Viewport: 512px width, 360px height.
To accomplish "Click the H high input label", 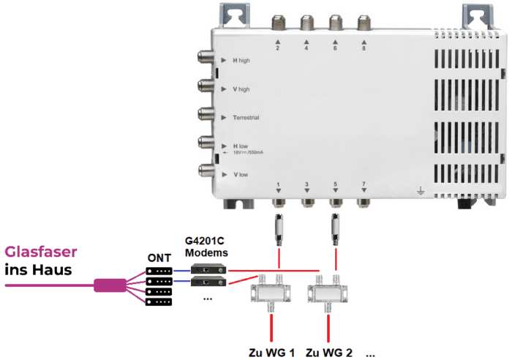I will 241,60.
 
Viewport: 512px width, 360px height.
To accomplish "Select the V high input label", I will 241,89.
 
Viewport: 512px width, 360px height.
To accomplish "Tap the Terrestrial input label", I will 246,117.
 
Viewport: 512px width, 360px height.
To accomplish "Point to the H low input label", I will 240,146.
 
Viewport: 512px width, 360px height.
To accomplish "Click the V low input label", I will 239,176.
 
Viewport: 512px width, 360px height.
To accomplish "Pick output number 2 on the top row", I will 278,48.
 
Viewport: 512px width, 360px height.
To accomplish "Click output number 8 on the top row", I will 364,48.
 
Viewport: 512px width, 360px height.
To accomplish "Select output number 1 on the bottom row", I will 279,184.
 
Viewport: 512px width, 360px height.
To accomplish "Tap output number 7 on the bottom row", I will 364,184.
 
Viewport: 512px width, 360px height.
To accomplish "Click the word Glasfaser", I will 41,252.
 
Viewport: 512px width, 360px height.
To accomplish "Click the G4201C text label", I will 206,241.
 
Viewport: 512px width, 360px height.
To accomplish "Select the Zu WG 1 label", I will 271,353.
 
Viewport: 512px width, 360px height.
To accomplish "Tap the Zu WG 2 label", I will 329,353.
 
